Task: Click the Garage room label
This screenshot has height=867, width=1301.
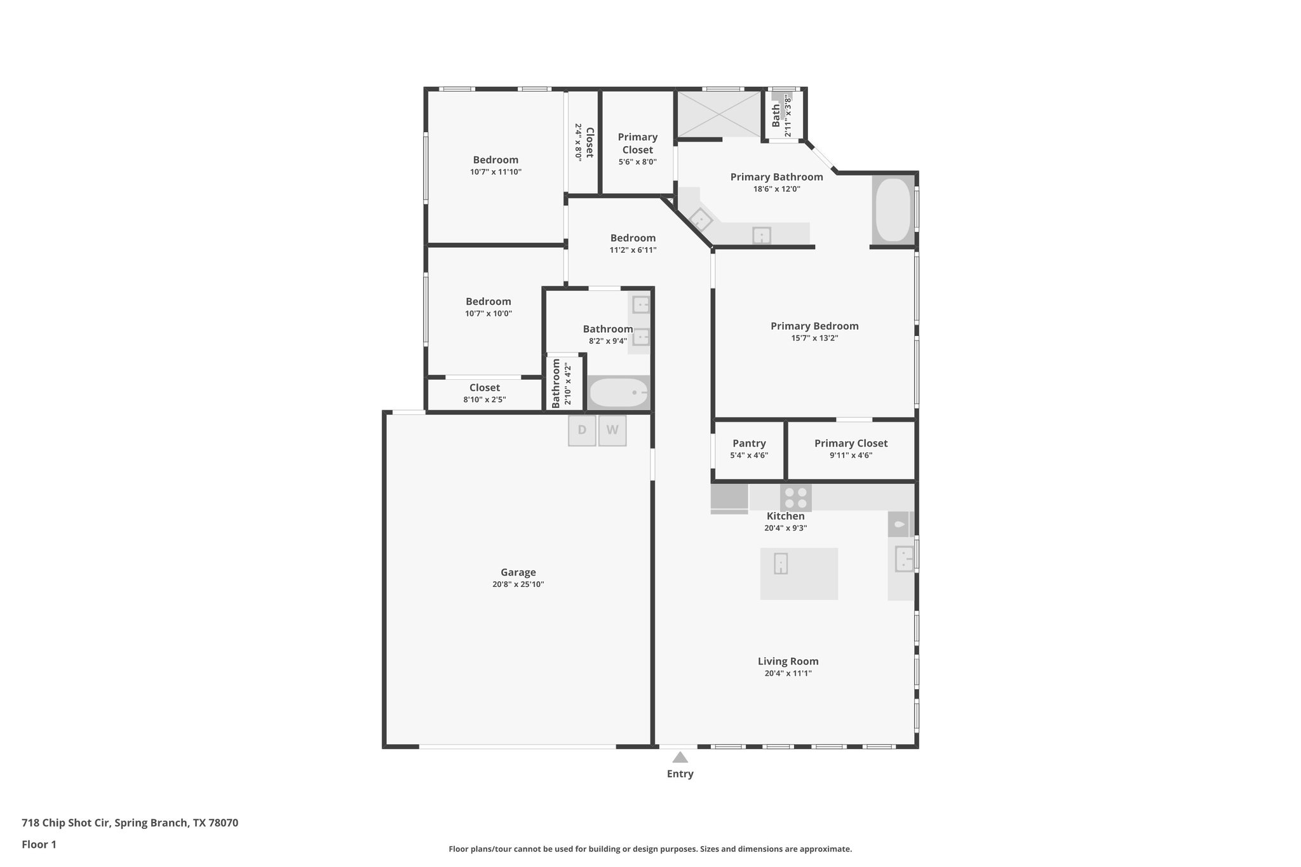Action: click(x=518, y=572)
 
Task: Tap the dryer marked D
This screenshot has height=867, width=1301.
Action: click(x=582, y=430)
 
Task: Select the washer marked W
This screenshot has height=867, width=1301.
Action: click(x=612, y=430)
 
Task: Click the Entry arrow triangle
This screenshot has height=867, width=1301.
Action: click(x=680, y=757)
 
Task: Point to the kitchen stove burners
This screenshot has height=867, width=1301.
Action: click(x=796, y=497)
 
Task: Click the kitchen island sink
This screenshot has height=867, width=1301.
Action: click(x=781, y=563)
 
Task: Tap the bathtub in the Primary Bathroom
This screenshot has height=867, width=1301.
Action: click(x=893, y=210)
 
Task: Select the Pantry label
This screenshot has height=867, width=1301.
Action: click(x=749, y=443)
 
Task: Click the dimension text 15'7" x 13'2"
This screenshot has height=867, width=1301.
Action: click(x=814, y=338)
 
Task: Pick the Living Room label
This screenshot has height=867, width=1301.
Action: click(x=788, y=661)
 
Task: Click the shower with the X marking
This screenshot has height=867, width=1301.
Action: click(x=718, y=114)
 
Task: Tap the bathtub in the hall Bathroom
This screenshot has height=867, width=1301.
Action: click(x=618, y=393)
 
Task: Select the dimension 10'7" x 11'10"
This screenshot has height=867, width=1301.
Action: click(x=495, y=171)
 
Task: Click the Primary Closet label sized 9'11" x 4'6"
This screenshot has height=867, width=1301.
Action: click(x=851, y=443)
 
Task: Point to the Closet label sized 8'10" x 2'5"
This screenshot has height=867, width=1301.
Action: click(x=484, y=387)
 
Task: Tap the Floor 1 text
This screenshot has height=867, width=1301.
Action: click(x=39, y=844)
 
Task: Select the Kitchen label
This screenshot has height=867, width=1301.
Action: click(x=785, y=516)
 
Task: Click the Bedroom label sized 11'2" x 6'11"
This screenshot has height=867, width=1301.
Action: click(x=633, y=238)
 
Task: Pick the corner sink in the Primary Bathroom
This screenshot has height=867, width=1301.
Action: click(x=701, y=219)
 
